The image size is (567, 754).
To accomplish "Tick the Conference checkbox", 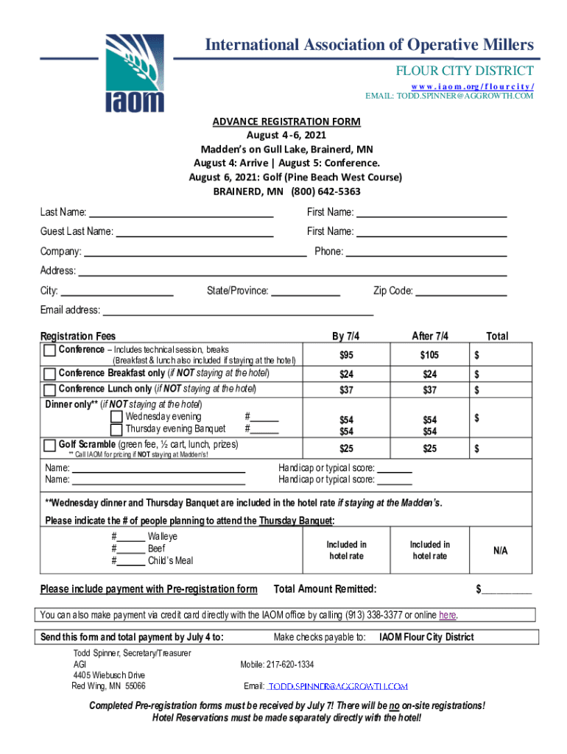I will click(50, 350).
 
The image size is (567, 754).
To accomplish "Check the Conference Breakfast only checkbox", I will click(50, 373).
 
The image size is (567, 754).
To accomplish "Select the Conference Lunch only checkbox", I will click(50, 390).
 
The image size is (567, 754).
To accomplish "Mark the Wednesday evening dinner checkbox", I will click(116, 417).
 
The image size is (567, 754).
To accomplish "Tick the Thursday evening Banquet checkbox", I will click(116, 430).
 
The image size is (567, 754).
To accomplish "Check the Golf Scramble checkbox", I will click(50, 445).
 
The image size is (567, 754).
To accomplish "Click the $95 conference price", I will click(346, 356).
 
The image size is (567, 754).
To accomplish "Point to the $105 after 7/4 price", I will click(429, 356).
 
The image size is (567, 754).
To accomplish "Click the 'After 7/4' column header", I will click(429, 336).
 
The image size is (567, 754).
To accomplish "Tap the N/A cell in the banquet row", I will click(500, 551).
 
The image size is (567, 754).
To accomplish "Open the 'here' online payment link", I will click(447, 616).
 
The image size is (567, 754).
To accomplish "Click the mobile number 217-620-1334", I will click(277, 664).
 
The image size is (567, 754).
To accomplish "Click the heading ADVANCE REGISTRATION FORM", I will click(286, 121).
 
